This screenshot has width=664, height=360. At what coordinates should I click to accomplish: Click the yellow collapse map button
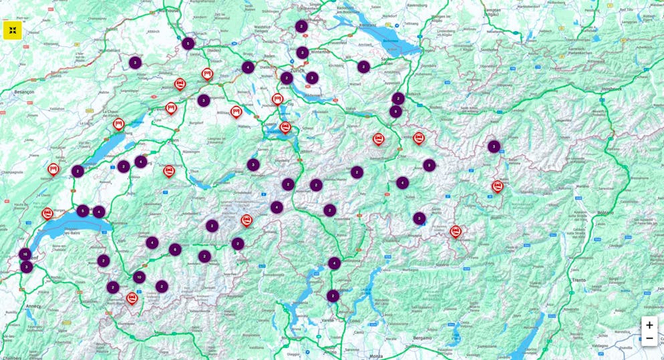13,30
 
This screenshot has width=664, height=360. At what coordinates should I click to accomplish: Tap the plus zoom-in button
649,325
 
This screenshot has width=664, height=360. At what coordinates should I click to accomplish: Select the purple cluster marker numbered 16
25,254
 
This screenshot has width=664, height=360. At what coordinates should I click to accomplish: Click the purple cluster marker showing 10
139,277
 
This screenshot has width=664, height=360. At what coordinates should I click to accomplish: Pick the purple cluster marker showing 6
175,250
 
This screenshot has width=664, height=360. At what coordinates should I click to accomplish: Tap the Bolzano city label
605,212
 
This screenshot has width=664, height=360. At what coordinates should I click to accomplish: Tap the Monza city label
376,356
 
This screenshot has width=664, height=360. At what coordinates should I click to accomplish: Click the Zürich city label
297,69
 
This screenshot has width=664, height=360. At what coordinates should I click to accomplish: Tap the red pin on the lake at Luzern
285,127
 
